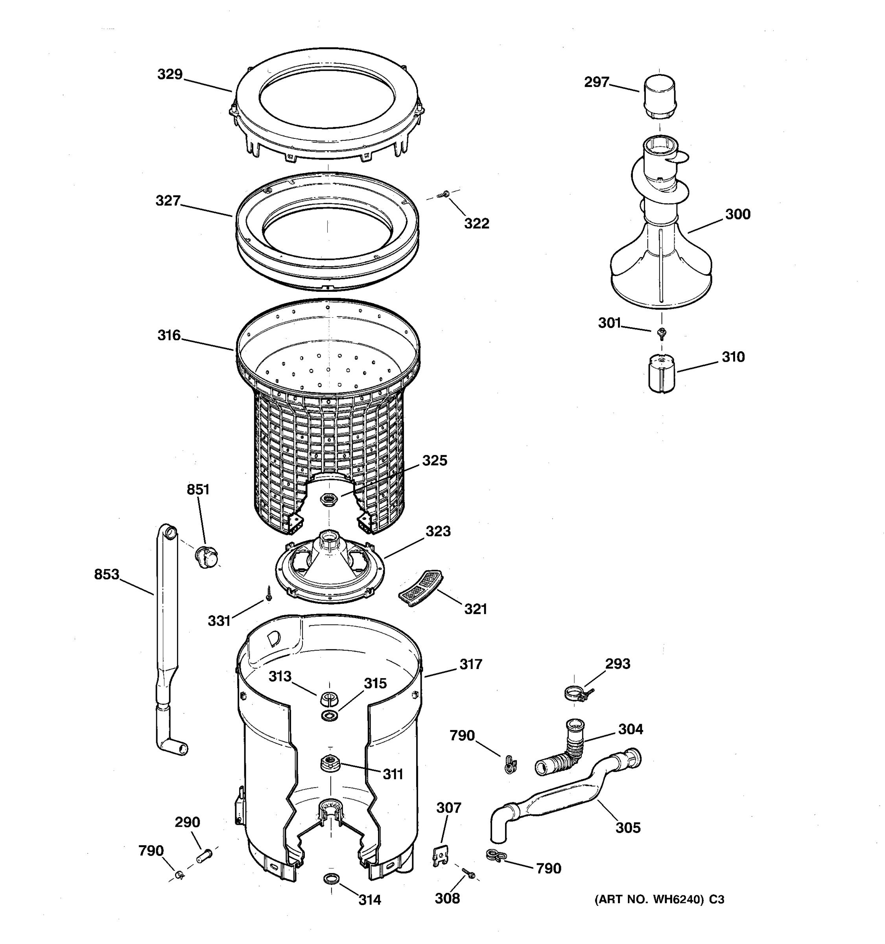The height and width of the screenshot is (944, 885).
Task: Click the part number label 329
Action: pyautogui.click(x=170, y=75)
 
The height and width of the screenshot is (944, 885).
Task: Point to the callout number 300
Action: pyautogui.click(x=737, y=214)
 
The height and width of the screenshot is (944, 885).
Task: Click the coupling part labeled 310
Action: pyautogui.click(x=661, y=374)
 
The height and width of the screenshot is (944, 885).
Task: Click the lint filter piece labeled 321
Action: pyautogui.click(x=420, y=587)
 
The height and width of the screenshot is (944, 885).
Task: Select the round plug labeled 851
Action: pyautogui.click(x=207, y=557)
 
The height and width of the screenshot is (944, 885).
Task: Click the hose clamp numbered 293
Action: pyautogui.click(x=575, y=695)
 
